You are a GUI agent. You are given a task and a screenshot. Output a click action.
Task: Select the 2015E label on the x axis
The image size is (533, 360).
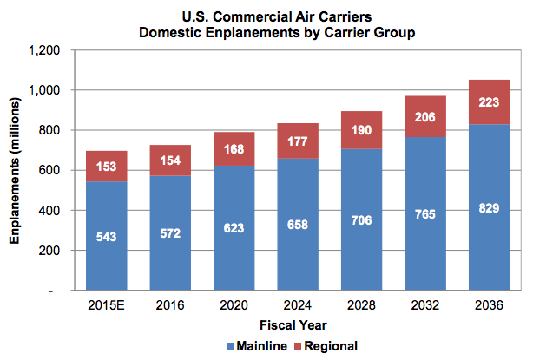point(108,306)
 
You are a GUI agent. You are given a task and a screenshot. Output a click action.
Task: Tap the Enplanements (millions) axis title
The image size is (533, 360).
point(16,170)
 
